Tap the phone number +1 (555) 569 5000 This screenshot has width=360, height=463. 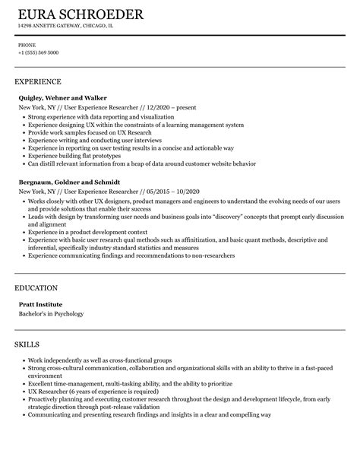tap(39, 52)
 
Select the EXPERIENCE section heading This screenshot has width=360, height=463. tap(38, 81)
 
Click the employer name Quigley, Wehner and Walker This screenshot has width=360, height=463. tap(63, 98)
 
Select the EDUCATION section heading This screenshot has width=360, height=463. tap(36, 288)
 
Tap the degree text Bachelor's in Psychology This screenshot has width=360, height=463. tap(52, 314)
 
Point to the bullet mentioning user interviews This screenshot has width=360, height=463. tap(85, 141)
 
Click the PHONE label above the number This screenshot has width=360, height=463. tap(27, 44)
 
